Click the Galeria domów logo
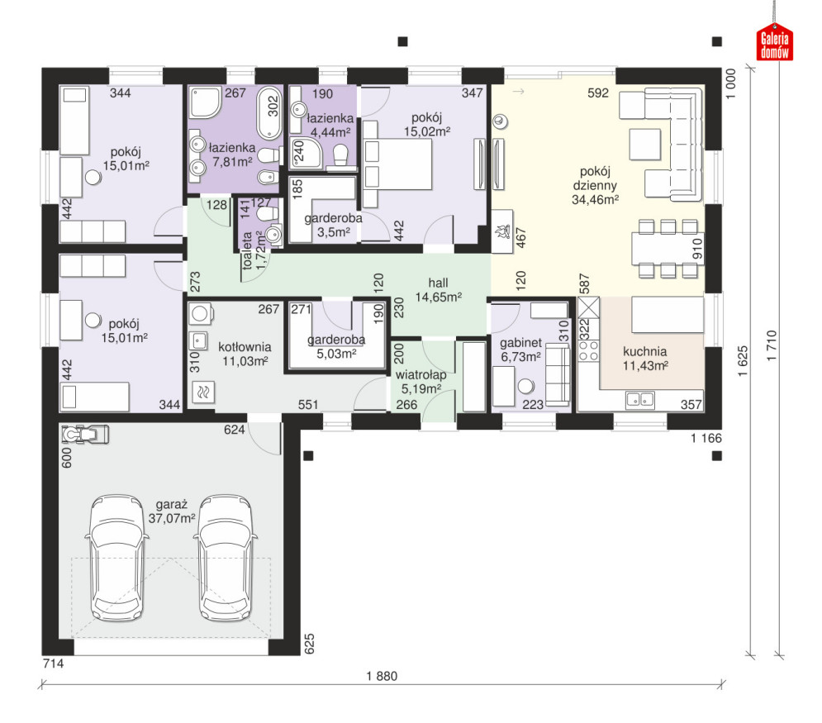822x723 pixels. tap(774, 42)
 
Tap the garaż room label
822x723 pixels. tap(172, 511)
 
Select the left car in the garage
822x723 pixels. tap(116, 558)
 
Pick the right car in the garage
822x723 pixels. tap(226, 558)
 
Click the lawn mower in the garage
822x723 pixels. tap(85, 434)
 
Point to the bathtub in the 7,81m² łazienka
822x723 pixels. tap(269, 112)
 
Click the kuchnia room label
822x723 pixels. tap(645, 358)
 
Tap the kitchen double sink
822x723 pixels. tap(640, 400)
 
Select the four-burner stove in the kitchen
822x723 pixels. tap(588, 350)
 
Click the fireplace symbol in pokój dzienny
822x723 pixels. tap(502, 231)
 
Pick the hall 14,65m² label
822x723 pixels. tap(438, 290)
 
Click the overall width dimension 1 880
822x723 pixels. tap(382, 676)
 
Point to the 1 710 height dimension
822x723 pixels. tap(772, 345)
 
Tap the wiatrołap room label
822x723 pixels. tap(421, 382)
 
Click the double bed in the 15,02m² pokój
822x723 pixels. tap(397, 164)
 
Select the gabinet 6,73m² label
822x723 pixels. tap(520, 350)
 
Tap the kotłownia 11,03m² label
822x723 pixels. tap(245, 354)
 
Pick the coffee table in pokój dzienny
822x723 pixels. tap(645, 144)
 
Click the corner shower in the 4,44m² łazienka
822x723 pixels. tap(307, 154)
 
